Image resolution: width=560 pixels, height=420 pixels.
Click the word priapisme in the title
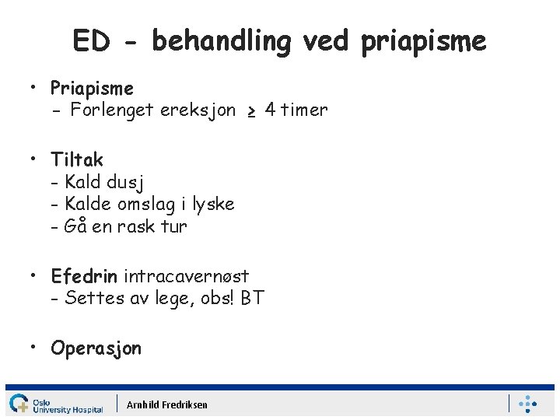(423, 41)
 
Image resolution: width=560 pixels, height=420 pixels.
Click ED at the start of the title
(91, 41)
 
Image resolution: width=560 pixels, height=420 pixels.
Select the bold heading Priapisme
(92, 89)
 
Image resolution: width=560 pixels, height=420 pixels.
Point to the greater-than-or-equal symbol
(250, 111)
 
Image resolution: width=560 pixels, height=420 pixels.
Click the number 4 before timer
(270, 110)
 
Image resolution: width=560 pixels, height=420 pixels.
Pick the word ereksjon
(198, 110)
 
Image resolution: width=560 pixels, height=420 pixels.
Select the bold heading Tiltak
(77, 160)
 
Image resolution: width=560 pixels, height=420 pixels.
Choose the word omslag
(143, 205)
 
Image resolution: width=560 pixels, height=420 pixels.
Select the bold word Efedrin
(84, 276)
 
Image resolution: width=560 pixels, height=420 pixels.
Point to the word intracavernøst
(186, 276)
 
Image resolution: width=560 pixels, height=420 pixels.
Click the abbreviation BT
(252, 298)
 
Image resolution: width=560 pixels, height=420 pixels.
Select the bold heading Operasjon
(96, 348)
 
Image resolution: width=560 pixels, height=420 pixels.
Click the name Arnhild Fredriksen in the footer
(167, 404)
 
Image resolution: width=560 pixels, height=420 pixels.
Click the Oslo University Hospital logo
(55, 404)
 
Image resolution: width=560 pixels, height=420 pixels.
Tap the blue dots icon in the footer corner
(527, 404)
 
